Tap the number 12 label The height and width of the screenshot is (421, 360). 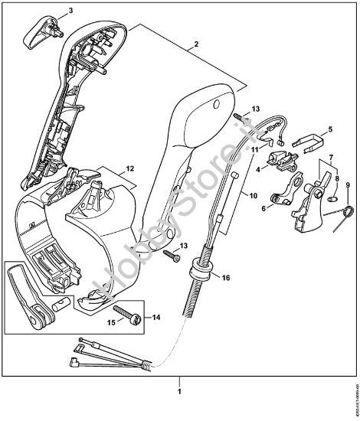(x=129, y=166)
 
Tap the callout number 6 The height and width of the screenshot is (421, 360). (x=264, y=207)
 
